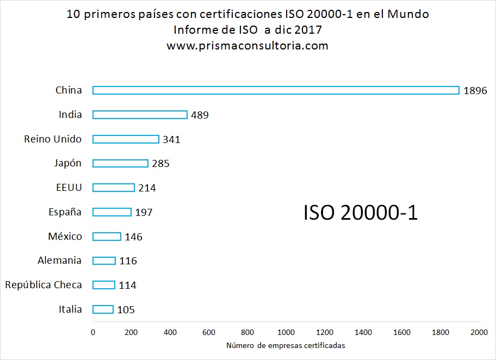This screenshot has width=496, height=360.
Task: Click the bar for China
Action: coord(276,90)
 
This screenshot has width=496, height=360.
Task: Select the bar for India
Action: coord(140,115)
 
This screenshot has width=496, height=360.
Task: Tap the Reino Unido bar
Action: coord(126,139)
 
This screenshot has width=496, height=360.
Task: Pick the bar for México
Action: coord(107,237)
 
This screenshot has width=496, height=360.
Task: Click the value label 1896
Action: coord(475,91)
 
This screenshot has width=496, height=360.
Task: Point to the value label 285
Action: coord(160,164)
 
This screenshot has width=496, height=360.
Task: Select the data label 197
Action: coord(144,212)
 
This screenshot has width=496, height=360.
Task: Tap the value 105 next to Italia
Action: coord(126,310)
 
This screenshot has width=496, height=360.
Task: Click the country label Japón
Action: coord(68,163)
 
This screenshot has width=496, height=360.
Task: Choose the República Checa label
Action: coord(44,285)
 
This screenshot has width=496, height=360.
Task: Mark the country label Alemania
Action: coord(59,260)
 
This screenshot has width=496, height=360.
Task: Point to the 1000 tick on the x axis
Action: coord(286,332)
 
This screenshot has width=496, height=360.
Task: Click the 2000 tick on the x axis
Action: coord(479,332)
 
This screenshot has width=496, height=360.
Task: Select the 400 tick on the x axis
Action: coord(170,332)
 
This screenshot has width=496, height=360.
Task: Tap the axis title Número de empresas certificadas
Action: coord(286,345)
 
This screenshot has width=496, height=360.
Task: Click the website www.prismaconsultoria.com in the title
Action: coord(247,46)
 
